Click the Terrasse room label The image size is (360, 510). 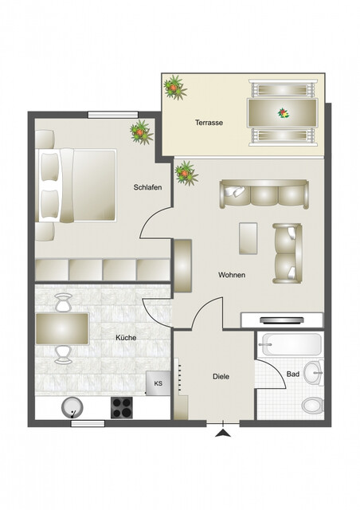coord(209,124)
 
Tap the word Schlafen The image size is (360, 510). coord(148,187)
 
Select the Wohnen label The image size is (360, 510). coord(232,275)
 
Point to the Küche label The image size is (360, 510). coord(126,338)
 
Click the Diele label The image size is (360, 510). coord(221,376)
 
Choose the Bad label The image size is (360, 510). coord(293,373)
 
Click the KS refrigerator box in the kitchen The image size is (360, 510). coord(158,382)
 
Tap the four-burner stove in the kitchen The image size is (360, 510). coord(122,407)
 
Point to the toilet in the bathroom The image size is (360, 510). coord(312,405)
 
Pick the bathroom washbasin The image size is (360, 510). coord(316,371)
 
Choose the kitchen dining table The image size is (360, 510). coord(62,328)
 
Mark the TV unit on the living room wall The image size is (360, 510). coord(282,320)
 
